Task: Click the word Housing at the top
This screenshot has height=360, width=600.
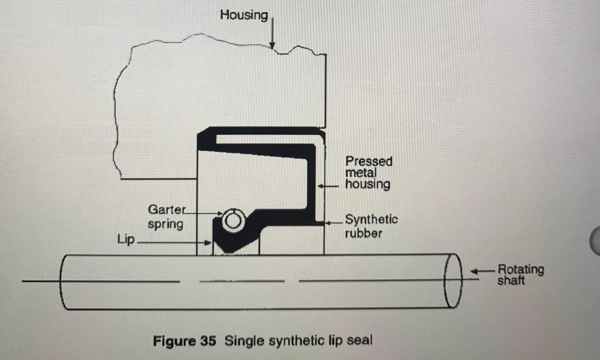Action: tap(243, 15)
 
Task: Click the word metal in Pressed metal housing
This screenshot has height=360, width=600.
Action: tap(360, 173)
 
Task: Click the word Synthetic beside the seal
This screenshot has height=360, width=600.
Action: tap(371, 220)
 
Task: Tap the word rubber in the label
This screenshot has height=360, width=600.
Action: tap(363, 233)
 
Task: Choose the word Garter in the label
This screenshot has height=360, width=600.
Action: tap(166, 210)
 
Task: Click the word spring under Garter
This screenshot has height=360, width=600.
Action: tap(165, 223)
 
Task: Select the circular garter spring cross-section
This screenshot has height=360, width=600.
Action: tap(232, 220)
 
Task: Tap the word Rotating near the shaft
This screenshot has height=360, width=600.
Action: tap(520, 270)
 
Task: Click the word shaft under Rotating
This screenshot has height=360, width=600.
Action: tap(511, 281)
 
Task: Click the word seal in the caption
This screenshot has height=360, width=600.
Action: tap(360, 340)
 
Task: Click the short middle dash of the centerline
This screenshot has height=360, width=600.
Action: tap(242, 282)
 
